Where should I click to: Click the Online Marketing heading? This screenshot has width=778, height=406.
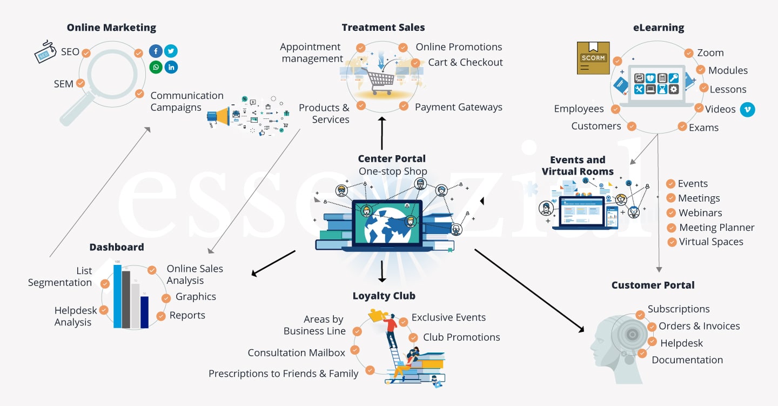pyautogui.click(x=111, y=28)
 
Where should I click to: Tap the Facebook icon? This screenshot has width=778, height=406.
pyautogui.click(x=156, y=51)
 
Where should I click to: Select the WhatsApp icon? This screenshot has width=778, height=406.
pyautogui.click(x=156, y=67)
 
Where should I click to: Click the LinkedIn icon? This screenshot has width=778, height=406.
pyautogui.click(x=171, y=67)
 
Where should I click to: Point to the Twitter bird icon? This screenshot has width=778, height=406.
pyautogui.click(x=171, y=51)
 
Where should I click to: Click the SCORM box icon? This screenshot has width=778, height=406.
pyautogui.click(x=593, y=58)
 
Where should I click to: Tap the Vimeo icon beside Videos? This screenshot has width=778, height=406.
pyautogui.click(x=747, y=109)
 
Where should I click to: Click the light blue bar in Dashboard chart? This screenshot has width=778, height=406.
pyautogui.click(x=117, y=296)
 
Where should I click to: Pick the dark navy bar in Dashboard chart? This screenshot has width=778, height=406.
pyautogui.click(x=144, y=312)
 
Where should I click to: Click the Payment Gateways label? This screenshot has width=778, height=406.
pyautogui.click(x=458, y=108)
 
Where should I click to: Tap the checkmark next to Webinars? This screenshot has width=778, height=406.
pyautogui.click(x=670, y=213)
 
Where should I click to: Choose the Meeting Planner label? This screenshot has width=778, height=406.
pyautogui.click(x=716, y=228)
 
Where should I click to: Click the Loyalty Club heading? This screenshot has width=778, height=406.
pyautogui.click(x=384, y=296)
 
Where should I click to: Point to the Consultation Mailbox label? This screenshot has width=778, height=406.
pyautogui.click(x=296, y=353)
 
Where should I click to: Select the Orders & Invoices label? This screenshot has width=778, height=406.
pyautogui.click(x=699, y=326)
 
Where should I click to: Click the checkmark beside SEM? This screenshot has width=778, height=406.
pyautogui.click(x=81, y=84)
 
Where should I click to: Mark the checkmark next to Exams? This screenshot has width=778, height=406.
pyautogui.click(x=682, y=127)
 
